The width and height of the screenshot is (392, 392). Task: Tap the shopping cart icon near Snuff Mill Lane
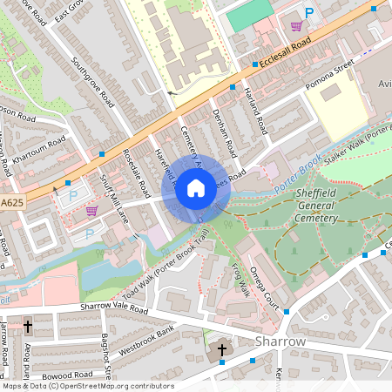91,211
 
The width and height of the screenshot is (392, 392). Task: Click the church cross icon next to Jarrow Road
28,327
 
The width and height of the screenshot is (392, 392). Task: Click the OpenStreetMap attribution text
87,386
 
